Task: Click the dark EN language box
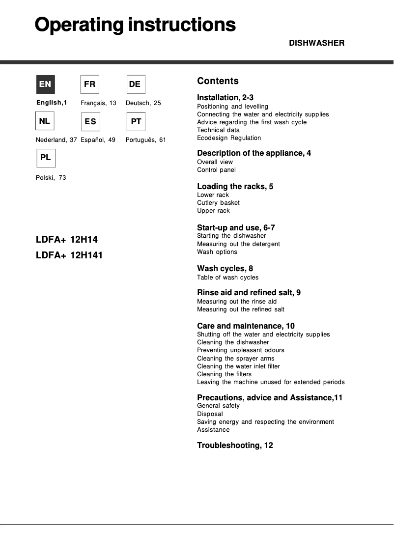(x=45, y=84)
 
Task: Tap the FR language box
(x=89, y=84)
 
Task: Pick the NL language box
(x=45, y=121)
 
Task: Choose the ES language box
(x=90, y=121)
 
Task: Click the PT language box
(x=136, y=121)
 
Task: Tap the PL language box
(x=45, y=158)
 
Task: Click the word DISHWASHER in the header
(x=316, y=43)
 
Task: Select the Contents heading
(x=218, y=81)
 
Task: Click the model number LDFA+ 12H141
(x=69, y=255)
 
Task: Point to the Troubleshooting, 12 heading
(x=235, y=446)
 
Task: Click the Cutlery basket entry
(x=218, y=203)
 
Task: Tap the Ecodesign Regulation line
(x=229, y=138)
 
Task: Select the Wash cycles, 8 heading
(x=225, y=269)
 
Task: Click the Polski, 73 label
(x=51, y=178)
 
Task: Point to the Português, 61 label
(x=146, y=140)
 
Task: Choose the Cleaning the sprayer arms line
(x=235, y=359)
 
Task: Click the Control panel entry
(x=216, y=170)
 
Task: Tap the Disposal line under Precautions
(x=210, y=414)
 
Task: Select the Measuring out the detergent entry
(x=238, y=244)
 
